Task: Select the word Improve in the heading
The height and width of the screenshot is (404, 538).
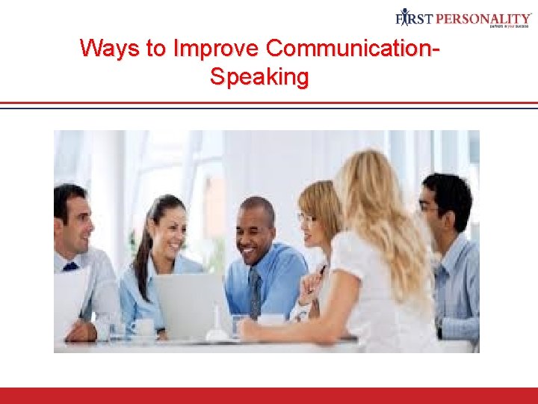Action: [x=215, y=49]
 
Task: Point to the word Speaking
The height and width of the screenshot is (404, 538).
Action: [x=259, y=76]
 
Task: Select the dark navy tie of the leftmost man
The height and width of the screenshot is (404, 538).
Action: [x=70, y=266]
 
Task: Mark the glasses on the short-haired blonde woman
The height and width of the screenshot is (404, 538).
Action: [x=306, y=218]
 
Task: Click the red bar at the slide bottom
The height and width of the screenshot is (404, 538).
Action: [x=269, y=395]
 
